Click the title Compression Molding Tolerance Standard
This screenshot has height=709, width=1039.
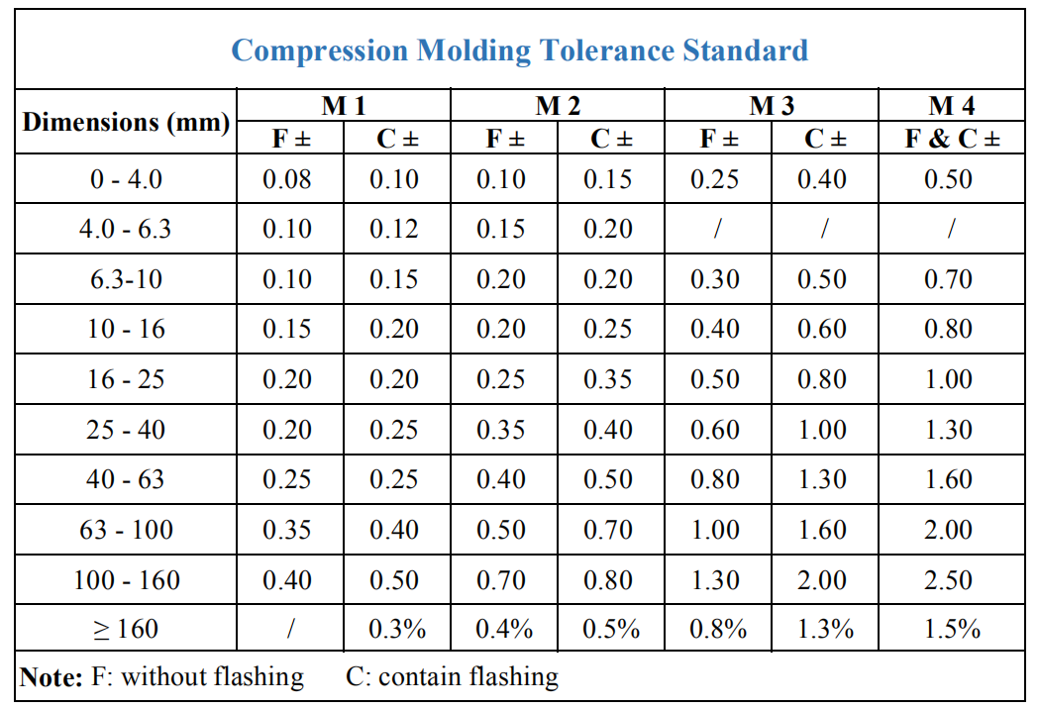click(519, 50)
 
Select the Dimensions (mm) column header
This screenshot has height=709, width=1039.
click(126, 123)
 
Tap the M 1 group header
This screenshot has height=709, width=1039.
click(343, 106)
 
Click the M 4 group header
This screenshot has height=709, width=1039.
click(952, 106)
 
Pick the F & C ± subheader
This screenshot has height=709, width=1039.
click(952, 139)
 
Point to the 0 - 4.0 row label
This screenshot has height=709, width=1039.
click(126, 179)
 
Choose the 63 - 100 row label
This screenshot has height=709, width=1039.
click(126, 530)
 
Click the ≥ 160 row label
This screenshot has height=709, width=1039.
click(126, 629)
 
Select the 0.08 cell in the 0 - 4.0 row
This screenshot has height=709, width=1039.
click(287, 179)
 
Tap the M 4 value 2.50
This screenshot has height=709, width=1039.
click(948, 579)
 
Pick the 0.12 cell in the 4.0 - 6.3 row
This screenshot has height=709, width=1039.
click(394, 230)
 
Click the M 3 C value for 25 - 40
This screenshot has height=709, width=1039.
click(822, 430)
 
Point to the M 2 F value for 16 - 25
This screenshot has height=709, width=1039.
click(501, 380)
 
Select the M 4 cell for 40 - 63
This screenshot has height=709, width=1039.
click(948, 479)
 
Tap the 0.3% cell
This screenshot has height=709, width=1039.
click(396, 629)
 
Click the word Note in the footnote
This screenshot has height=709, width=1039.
click(51, 677)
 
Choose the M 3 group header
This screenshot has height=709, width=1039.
click(772, 106)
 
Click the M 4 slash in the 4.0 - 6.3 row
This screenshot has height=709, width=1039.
click(950, 230)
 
